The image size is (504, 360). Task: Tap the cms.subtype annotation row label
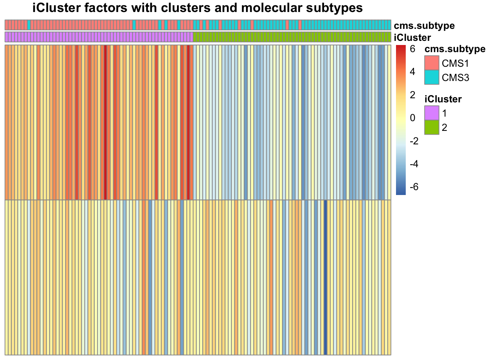click(x=424, y=25)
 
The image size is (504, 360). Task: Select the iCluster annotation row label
click(x=412, y=37)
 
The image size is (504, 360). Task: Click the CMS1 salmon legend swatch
click(x=432, y=63)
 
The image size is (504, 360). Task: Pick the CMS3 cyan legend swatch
click(x=432, y=77)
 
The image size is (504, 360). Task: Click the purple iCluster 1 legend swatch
click(x=432, y=113)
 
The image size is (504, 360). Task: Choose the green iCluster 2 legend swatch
click(x=432, y=127)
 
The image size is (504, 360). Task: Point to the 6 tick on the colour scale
click(x=412, y=49)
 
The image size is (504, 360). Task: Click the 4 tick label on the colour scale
click(x=412, y=72)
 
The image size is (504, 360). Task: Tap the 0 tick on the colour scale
click(x=412, y=118)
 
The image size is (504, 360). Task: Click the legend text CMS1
click(x=455, y=63)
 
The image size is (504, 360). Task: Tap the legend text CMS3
click(x=455, y=78)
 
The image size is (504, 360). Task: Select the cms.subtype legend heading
click(x=455, y=49)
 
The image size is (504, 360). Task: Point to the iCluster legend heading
click(x=443, y=99)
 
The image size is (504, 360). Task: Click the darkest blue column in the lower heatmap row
click(x=325, y=277)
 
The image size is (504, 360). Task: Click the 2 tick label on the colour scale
click(x=412, y=95)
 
